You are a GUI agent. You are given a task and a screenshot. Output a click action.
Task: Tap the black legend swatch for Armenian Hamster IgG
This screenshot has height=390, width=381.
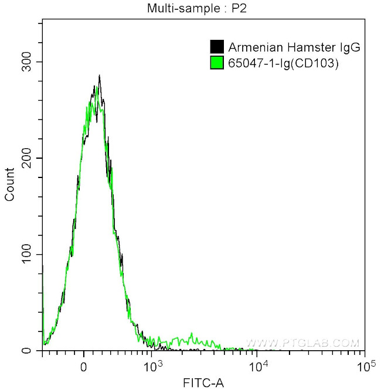tap(217, 46)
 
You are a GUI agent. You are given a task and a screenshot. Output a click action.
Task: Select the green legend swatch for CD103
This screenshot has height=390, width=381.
tap(217, 63)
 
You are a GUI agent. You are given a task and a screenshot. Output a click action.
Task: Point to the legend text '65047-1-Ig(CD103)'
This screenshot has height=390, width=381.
tap(283, 63)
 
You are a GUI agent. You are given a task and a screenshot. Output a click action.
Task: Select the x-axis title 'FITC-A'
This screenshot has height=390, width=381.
tap(203, 383)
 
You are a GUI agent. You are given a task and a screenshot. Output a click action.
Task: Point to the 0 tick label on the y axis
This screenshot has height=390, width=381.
tap(34, 351)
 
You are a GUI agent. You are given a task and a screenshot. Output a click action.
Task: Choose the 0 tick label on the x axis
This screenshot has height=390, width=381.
tap(84, 367)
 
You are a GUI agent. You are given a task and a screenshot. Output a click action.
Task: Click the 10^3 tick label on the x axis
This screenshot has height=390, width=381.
tap(152, 366)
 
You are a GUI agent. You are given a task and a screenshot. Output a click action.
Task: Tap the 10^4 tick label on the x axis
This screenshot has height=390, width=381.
tap(256, 366)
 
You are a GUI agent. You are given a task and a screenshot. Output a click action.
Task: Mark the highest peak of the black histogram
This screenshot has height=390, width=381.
tap(99, 76)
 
